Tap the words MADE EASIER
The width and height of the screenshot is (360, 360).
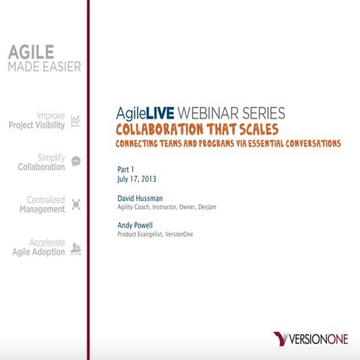tap(43, 67)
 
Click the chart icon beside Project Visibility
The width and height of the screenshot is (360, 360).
tap(75, 121)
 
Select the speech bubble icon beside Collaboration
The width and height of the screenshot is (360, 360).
tap(75, 161)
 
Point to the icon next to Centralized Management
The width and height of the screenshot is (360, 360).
tap(75, 204)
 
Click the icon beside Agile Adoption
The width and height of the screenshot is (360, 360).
tap(75, 248)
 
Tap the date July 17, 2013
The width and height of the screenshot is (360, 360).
tap(139, 180)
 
